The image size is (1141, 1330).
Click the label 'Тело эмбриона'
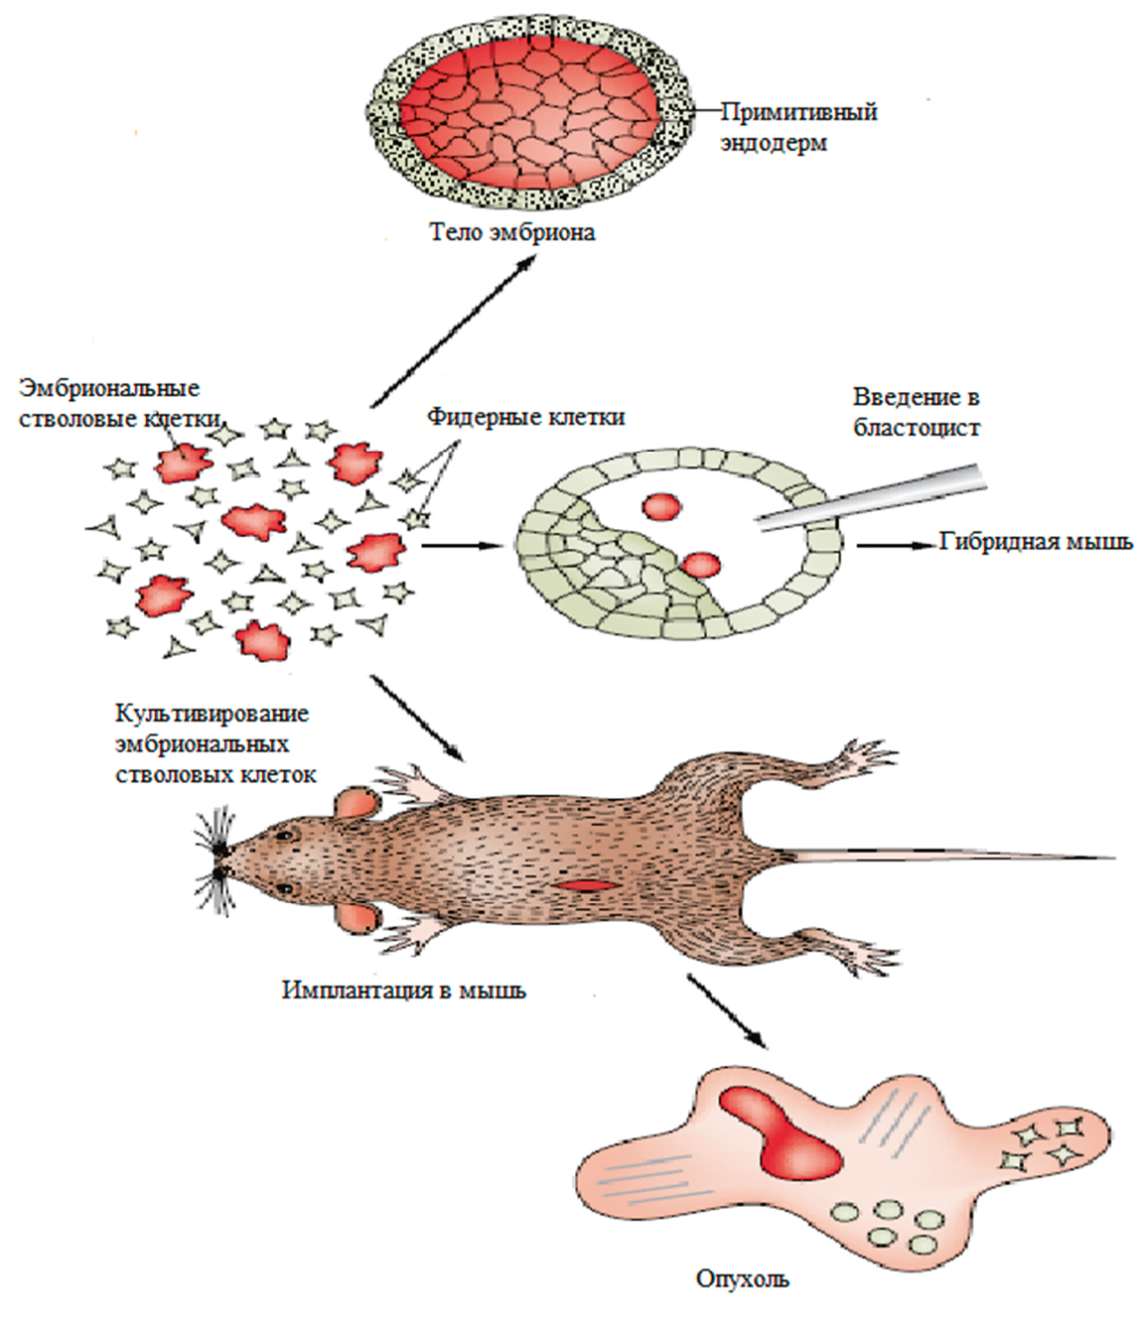click(511, 232)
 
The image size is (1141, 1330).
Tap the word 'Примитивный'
click(799, 111)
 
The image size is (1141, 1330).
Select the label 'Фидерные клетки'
click(526, 416)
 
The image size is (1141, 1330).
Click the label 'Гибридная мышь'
click(1036, 543)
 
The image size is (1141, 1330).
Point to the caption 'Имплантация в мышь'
click(404, 990)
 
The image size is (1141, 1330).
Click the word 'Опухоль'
click(743, 1278)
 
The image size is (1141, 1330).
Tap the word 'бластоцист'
click(917, 428)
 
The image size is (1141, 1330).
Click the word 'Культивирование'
click(212, 714)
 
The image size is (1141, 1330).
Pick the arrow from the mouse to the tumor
click(726, 1010)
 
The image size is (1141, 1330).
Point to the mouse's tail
click(943, 855)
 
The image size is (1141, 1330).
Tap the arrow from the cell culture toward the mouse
click(417, 718)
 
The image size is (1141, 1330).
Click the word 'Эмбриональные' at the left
click(108, 388)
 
